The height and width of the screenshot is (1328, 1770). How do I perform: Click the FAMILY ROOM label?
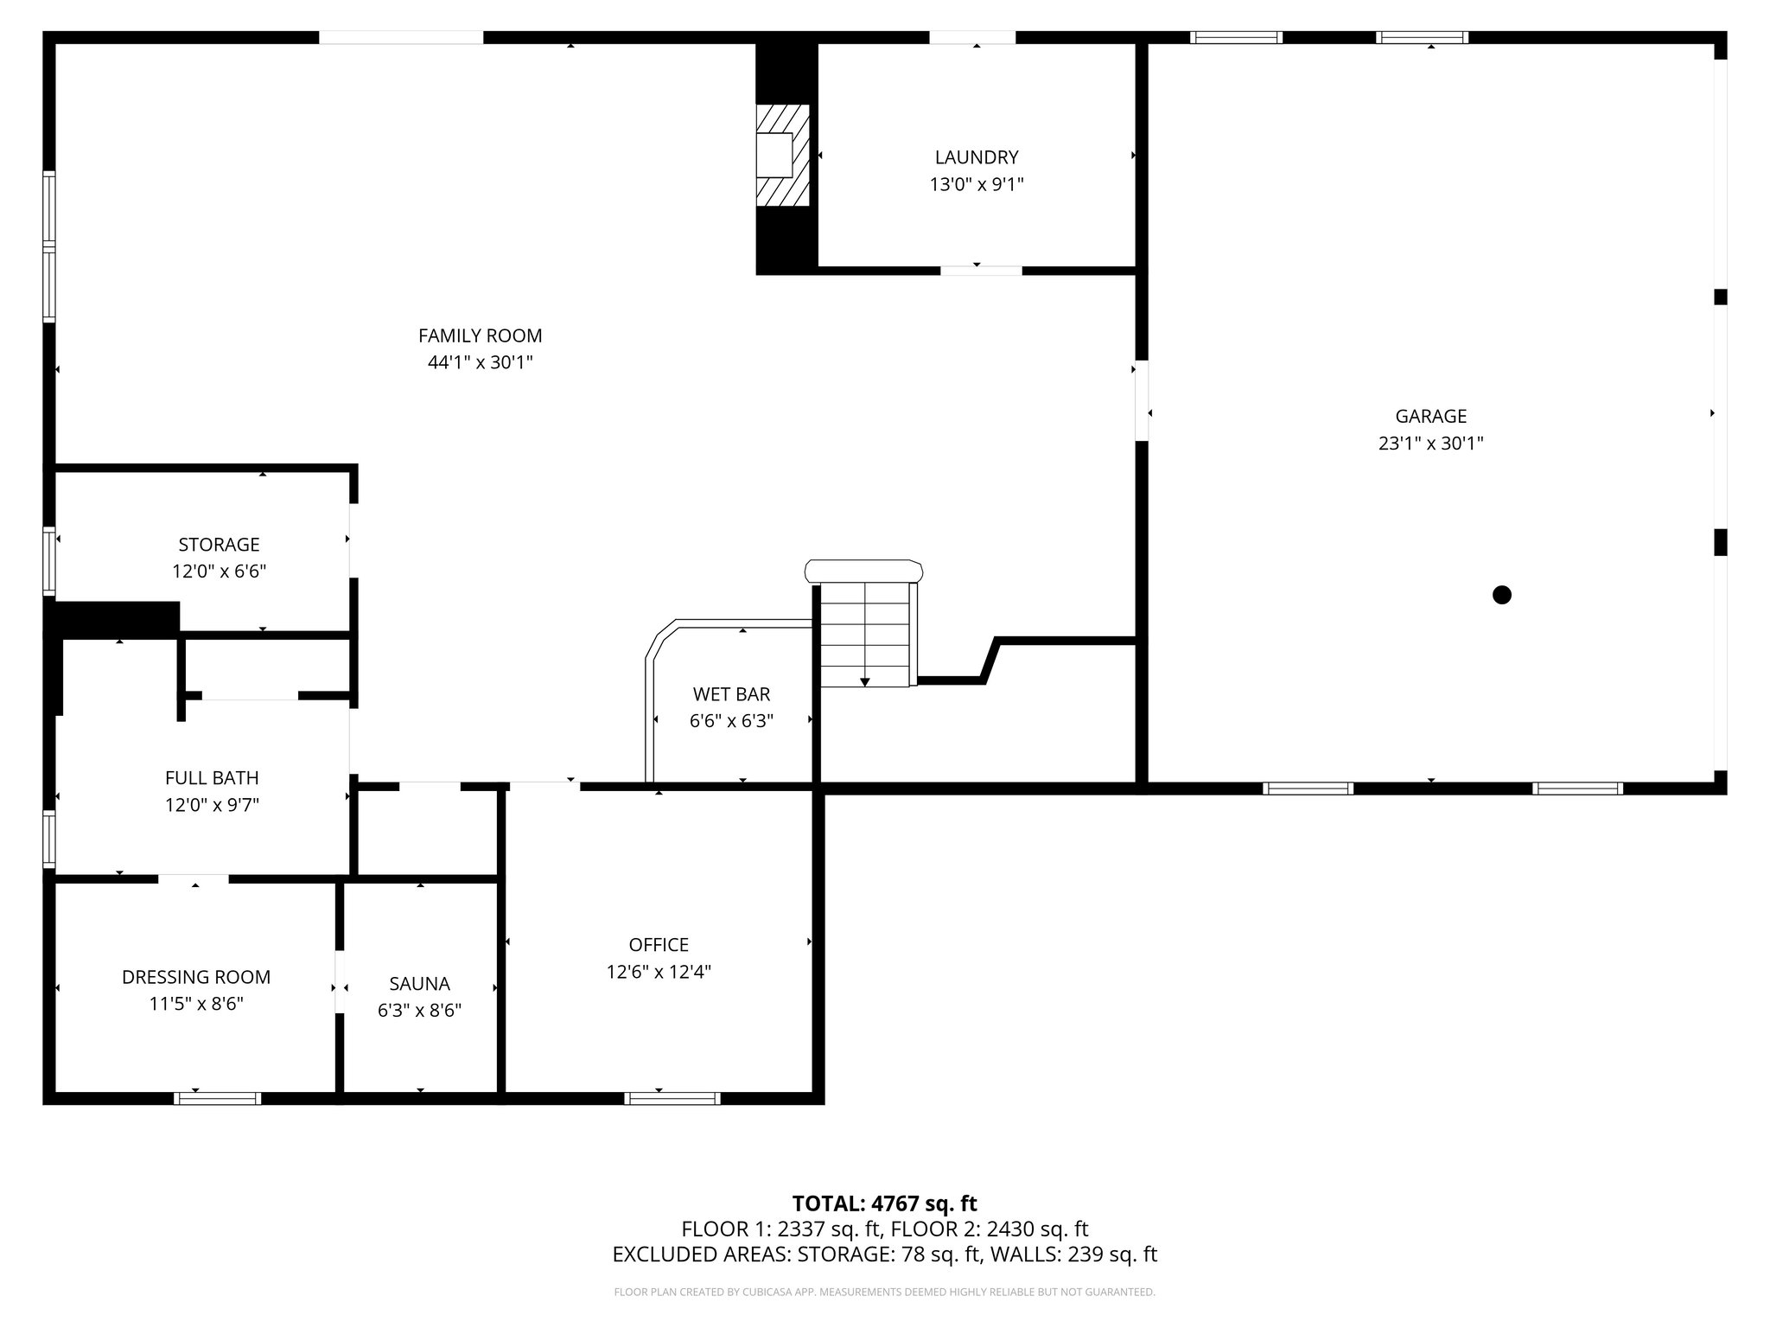point(480,335)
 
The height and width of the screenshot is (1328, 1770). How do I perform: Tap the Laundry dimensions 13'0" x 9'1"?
point(977,184)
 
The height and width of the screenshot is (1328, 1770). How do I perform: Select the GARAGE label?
point(1430,416)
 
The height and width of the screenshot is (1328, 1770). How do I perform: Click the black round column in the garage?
point(1502,595)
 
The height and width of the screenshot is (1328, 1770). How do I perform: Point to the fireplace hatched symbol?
point(783,156)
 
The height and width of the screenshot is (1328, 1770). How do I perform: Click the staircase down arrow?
point(864,681)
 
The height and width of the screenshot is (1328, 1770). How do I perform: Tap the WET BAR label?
point(731,693)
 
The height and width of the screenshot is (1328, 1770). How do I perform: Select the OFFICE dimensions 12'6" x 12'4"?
point(659,972)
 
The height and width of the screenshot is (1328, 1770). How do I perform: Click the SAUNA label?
point(419,983)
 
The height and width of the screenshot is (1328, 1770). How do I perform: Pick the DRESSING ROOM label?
point(196,977)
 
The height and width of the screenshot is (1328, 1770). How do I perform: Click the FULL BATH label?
point(212,777)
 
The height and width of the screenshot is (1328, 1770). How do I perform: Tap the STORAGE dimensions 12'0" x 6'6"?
point(219,571)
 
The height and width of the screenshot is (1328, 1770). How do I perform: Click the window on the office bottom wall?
point(672,1098)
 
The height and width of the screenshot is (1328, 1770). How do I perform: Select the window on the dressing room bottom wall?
point(217,1098)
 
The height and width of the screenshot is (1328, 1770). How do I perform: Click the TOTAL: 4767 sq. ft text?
point(884,1203)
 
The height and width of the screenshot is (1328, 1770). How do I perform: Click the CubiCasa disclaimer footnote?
point(884,1293)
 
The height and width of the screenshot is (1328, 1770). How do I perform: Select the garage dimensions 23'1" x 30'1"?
point(1430,444)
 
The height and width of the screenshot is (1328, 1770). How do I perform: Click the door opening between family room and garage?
point(1142,400)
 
